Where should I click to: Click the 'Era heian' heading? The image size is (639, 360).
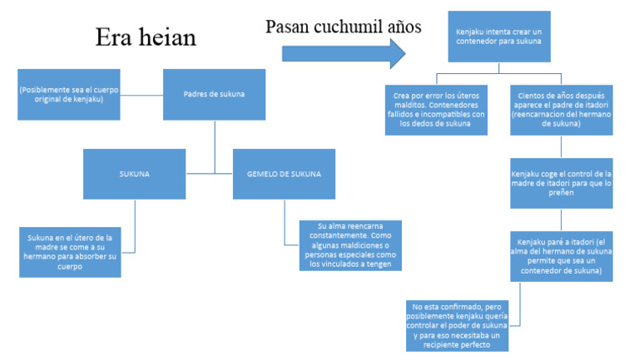tap(146, 38)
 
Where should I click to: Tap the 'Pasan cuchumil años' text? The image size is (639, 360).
tap(343, 27)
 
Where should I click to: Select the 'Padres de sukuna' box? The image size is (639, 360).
tap(214, 94)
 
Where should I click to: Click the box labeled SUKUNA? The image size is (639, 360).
tap(134, 174)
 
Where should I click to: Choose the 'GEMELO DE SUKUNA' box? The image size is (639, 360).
tap(284, 174)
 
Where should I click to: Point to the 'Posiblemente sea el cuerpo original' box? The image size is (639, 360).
tap(68, 94)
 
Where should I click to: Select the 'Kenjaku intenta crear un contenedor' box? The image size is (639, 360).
tap(498, 36)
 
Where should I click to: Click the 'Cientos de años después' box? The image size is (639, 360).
tap(562, 110)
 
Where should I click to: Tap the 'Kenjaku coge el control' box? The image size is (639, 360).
tap(562, 183)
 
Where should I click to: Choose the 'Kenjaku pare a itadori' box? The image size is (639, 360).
tap(562, 256)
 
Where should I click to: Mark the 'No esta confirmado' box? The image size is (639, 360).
tap(457, 324)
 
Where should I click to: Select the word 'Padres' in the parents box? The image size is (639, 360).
tap(196, 94)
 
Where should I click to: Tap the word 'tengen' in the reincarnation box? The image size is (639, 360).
tap(381, 264)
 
